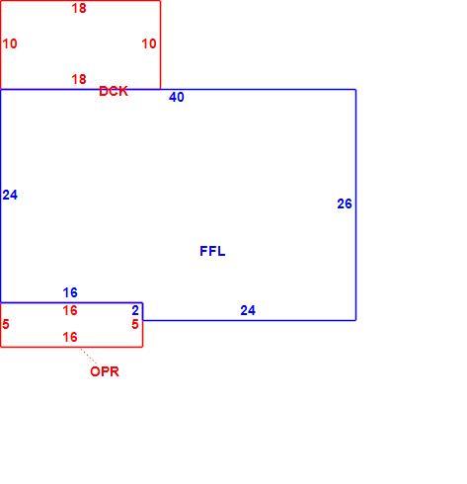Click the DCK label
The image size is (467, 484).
pos(114,91)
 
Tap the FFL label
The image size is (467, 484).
pos(212,251)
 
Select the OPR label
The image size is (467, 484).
pos(105,371)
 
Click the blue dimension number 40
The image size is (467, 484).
pos(177,97)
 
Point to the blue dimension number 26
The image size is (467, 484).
pos(345,203)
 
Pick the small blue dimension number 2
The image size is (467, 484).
pos(135,310)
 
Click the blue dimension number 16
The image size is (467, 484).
pos(70,292)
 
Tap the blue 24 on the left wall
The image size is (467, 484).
pos(10,195)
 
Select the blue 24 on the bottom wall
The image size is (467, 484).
pos(248,310)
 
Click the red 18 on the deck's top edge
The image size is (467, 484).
pos(79,8)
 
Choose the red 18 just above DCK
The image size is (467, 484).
pos(79,79)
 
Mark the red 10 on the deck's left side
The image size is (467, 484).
pos(10,43)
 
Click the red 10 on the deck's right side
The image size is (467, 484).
pos(149,43)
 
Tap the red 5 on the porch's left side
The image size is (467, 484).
pos(6,324)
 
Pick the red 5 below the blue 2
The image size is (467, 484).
pos(135,324)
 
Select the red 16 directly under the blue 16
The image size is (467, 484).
pos(70,310)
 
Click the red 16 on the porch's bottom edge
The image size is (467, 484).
pos(70,337)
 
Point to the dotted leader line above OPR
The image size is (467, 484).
pos(89,357)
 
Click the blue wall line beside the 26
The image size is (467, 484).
pos(355,204)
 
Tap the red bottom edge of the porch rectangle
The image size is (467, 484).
pos(71,347)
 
